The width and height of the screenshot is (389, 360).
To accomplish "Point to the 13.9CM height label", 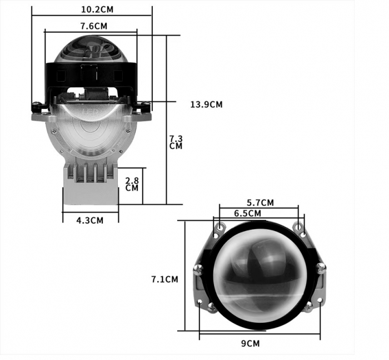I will point(206,104).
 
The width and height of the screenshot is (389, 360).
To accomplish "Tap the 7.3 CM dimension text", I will point(176,142).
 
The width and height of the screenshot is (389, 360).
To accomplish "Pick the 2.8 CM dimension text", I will point(132,184).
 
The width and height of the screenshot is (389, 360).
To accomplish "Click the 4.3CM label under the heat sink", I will point(90,220).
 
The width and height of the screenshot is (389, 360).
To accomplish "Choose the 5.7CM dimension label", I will point(260,203).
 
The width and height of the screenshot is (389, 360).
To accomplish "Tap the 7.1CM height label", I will point(164,279).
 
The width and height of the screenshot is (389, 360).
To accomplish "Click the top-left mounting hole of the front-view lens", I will point(222,227).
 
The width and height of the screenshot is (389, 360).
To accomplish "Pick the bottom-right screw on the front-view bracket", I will point(307,305).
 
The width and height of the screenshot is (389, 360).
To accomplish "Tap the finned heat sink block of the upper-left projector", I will point(91,184).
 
